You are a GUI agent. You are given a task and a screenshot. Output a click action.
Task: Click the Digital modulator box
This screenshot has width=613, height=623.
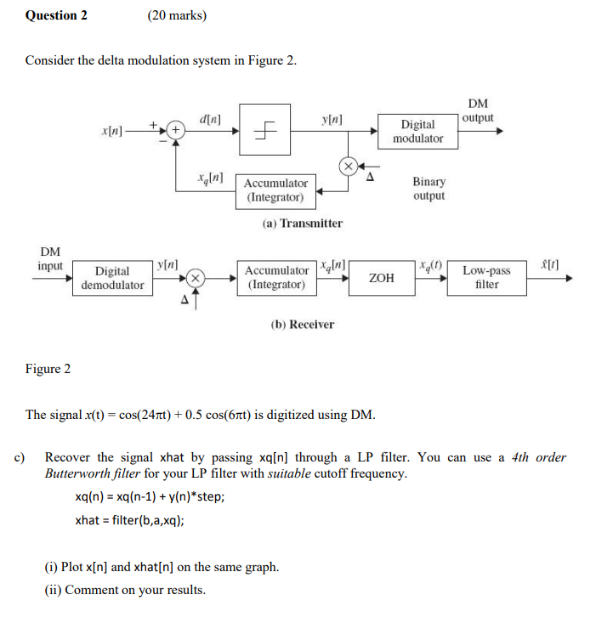pyautogui.click(x=417, y=131)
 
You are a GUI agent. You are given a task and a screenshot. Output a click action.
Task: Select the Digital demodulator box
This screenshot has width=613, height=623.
pyautogui.click(x=112, y=278)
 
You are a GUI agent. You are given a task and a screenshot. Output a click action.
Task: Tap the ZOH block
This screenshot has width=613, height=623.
pyautogui.click(x=382, y=278)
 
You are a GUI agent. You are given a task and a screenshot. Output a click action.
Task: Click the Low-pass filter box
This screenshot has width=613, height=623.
pyautogui.click(x=487, y=278)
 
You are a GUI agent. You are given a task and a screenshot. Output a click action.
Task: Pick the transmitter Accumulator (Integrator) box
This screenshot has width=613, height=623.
pyautogui.click(x=275, y=190)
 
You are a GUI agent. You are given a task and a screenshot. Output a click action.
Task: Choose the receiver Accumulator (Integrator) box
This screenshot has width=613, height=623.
pyautogui.click(x=275, y=278)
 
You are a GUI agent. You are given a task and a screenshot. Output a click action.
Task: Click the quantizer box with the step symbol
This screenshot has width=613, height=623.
pyautogui.click(x=265, y=130)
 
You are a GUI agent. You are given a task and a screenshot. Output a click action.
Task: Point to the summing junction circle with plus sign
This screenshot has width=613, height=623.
pyautogui.click(x=175, y=131)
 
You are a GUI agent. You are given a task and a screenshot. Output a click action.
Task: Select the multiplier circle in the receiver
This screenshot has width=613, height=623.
pyautogui.click(x=195, y=278)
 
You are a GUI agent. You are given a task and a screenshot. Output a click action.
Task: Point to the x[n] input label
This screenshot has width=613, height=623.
pyautogui.click(x=111, y=131)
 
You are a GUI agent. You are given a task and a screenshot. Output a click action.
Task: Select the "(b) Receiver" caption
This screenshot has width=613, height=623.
pyautogui.click(x=302, y=324)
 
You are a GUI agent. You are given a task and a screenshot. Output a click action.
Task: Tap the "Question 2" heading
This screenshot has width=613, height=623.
pyautogui.click(x=56, y=15)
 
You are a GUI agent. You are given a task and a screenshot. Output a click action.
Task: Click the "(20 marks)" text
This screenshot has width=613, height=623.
pyautogui.click(x=177, y=15)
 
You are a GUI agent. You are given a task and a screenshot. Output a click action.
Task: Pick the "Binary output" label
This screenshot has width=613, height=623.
pyautogui.click(x=429, y=189)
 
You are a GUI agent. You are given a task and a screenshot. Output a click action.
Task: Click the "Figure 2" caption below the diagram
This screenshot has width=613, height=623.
pyautogui.click(x=48, y=369)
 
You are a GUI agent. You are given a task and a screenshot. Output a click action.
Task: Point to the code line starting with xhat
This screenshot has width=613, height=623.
pyautogui.click(x=129, y=520)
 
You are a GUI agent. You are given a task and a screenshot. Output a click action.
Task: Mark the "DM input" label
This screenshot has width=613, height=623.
pyautogui.click(x=50, y=258)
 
